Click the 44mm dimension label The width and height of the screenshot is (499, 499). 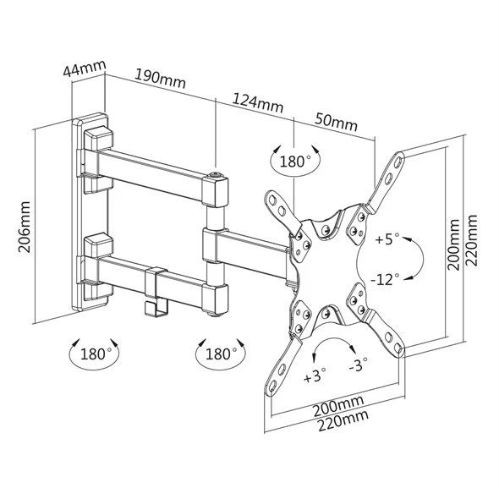[x=85, y=69]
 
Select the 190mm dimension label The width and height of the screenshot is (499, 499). [x=161, y=79]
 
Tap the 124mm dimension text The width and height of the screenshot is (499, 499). [x=258, y=103]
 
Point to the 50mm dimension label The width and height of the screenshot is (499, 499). [x=337, y=121]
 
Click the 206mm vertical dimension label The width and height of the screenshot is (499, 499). [x=25, y=227]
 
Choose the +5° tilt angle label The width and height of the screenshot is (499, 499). [x=387, y=239]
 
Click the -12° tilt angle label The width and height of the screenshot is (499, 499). [x=385, y=279]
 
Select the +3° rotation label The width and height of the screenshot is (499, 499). [x=315, y=376]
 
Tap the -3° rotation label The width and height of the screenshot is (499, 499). [x=358, y=365]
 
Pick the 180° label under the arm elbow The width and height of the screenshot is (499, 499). [x=222, y=354]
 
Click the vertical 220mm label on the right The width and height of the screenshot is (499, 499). [x=471, y=240]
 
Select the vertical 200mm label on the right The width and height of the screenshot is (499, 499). [x=453, y=244]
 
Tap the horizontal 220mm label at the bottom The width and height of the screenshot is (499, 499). [x=343, y=420]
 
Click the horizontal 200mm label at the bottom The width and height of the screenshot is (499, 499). [x=338, y=407]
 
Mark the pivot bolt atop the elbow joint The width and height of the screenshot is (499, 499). [x=216, y=174]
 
